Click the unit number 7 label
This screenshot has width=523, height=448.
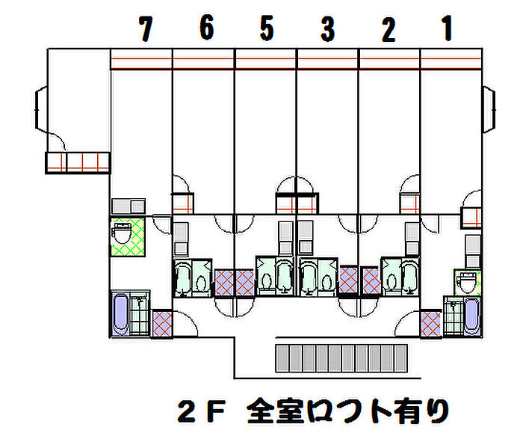[146, 28]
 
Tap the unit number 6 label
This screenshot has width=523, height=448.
[207, 28]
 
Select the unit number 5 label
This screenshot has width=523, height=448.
[267, 28]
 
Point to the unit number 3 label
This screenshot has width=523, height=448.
[328, 29]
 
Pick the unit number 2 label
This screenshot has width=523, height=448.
[389, 29]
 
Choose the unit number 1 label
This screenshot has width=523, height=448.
[447, 28]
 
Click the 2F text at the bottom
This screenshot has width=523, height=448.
[201, 411]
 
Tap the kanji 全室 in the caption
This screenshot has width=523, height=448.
[276, 411]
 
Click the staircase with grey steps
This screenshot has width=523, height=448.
[341, 358]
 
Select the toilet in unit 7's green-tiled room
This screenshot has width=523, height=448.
[122, 233]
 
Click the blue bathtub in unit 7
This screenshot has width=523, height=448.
[120, 313]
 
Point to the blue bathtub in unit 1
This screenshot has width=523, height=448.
[472, 316]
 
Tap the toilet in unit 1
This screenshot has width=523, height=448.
[467, 282]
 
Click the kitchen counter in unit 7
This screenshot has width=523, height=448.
[128, 206]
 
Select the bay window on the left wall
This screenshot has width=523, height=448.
[41, 108]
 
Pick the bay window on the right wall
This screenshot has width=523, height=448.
[489, 109]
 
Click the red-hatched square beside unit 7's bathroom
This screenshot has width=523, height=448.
[162, 324]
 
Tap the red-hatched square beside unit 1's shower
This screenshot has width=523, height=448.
[430, 324]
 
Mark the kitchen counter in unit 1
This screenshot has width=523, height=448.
[473, 251]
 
